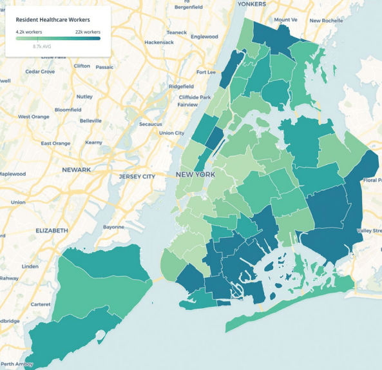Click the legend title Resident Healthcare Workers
coord(53,19)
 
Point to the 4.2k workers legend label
coord(29,32)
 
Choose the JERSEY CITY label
coord(137,176)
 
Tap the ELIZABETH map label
coord(52,230)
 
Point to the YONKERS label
coord(252,3)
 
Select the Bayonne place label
coord(113,227)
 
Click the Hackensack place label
coord(160,42)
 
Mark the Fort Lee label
coord(206,72)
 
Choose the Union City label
coord(171,133)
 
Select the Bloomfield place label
coord(68,110)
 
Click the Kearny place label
coord(93,142)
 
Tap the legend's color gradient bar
coord(58,39)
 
